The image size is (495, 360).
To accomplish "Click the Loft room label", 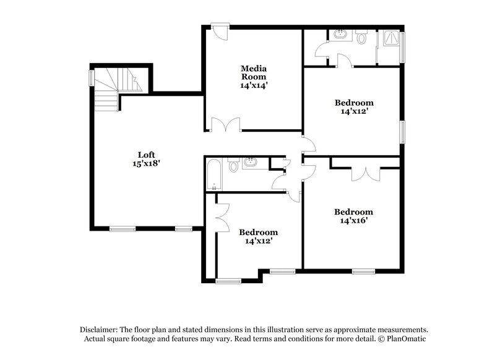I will pos(146,155).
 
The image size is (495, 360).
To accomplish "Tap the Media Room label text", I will pos(254,73).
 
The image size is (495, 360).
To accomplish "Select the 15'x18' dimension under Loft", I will pos(146,164).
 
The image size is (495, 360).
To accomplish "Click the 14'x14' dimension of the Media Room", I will pos(254,87).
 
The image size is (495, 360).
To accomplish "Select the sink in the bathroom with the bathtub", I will pos(252,163).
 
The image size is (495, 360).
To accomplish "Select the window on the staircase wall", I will pos(92,79).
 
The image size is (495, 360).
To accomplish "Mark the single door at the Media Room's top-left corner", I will pos(219,31).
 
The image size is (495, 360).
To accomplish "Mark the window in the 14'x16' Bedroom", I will pos(363,270).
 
